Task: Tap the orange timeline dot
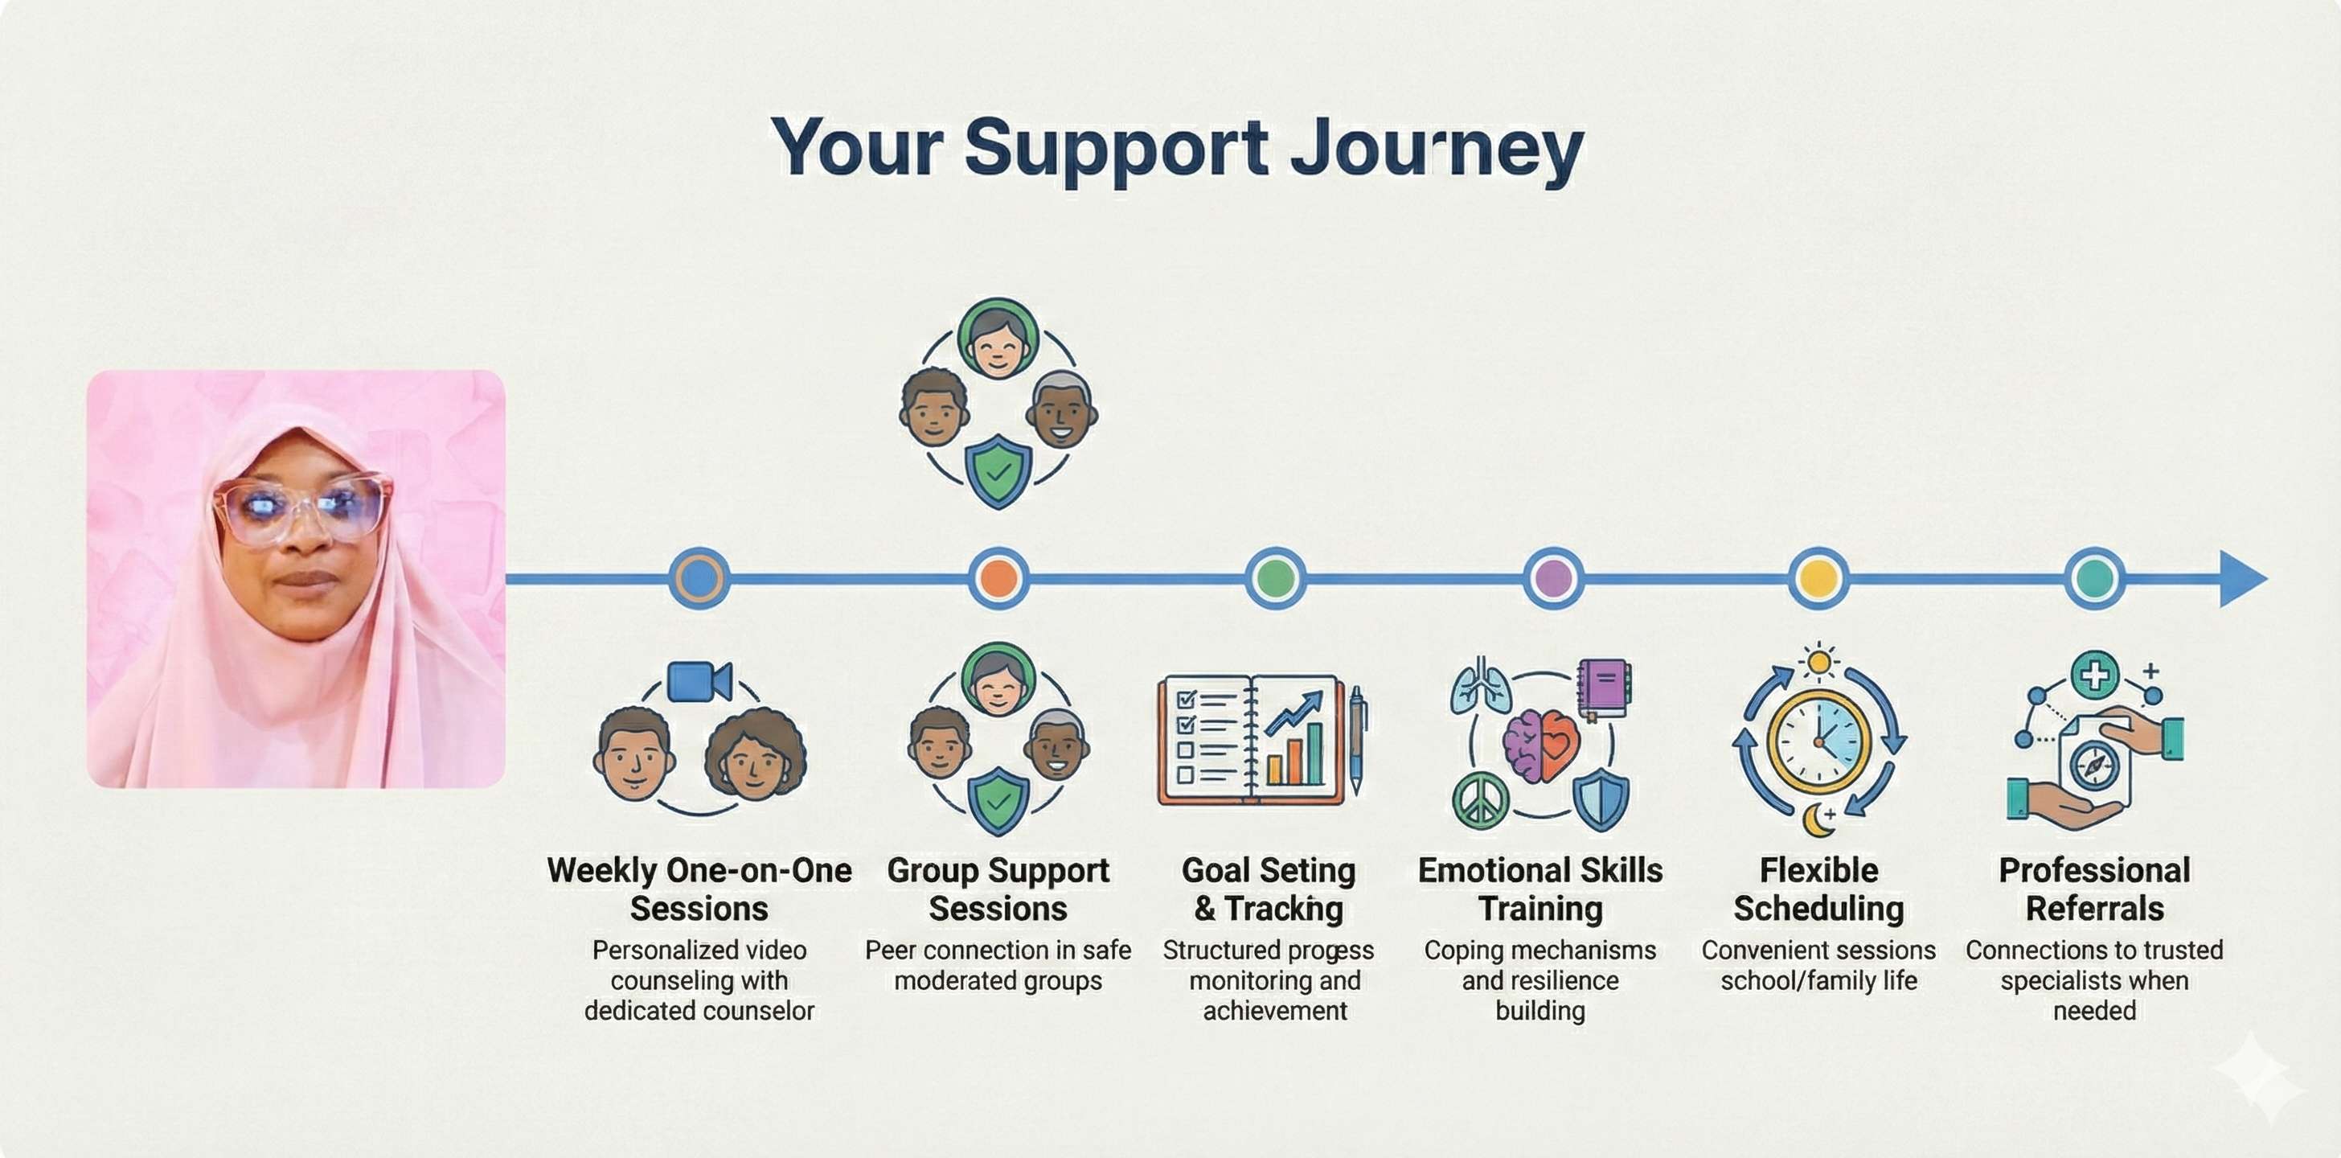(x=998, y=578)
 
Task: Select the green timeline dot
(x=1275, y=578)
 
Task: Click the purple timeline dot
(x=1553, y=578)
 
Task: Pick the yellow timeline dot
(x=1818, y=578)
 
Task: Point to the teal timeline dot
(x=2095, y=578)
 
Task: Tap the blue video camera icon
(x=698, y=682)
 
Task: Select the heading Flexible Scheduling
(x=1818, y=889)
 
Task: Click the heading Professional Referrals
(x=2095, y=889)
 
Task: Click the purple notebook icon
(x=1604, y=686)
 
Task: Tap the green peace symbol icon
(x=1480, y=801)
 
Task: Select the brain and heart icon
(x=1540, y=745)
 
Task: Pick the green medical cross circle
(x=2095, y=675)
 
